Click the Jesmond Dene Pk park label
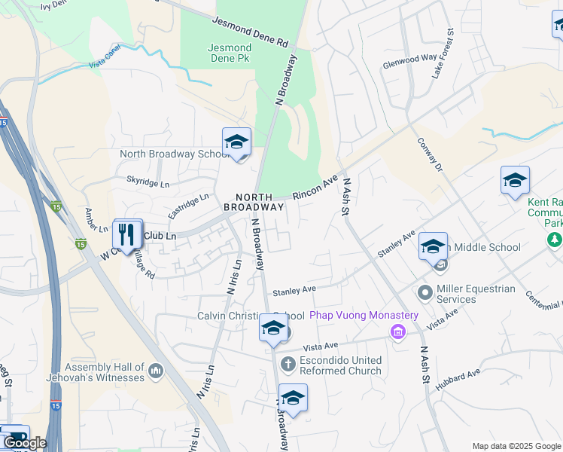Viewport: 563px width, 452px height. click(x=229, y=52)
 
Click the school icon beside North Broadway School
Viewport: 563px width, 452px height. click(x=236, y=142)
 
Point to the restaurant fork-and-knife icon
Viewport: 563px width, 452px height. click(x=126, y=234)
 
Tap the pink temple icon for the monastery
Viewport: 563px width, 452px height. click(x=396, y=331)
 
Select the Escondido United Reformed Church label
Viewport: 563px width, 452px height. click(x=340, y=365)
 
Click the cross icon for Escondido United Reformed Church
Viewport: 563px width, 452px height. click(x=288, y=365)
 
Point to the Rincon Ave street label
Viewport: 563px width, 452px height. click(x=315, y=190)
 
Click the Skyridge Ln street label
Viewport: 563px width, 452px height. click(x=148, y=183)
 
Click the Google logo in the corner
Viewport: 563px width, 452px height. click(x=25, y=443)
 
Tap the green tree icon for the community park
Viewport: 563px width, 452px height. click(x=554, y=240)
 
